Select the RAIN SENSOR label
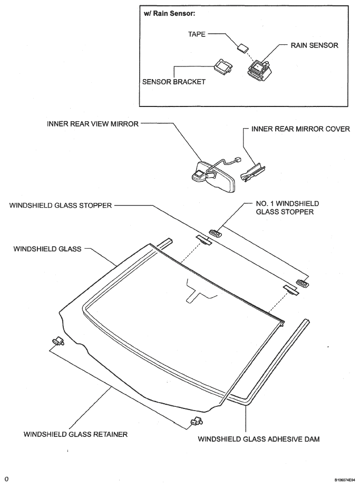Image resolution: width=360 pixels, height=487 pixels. tap(314, 45)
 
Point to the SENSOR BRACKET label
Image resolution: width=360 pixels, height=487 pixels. tap(173, 82)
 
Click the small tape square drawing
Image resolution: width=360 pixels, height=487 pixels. tap(242, 47)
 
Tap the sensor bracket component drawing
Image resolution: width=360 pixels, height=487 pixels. tap(223, 67)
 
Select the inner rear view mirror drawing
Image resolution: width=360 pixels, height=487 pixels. tap(211, 172)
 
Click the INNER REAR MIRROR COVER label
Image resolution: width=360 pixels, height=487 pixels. tap(300, 129)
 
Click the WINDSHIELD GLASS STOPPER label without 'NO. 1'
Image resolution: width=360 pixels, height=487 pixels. tap(60, 206)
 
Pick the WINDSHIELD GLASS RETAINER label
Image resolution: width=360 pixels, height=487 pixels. tap(75, 435)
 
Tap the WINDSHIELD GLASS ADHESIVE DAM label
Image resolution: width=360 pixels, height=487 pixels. tap(259, 439)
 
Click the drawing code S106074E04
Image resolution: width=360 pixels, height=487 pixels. tap(334, 480)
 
